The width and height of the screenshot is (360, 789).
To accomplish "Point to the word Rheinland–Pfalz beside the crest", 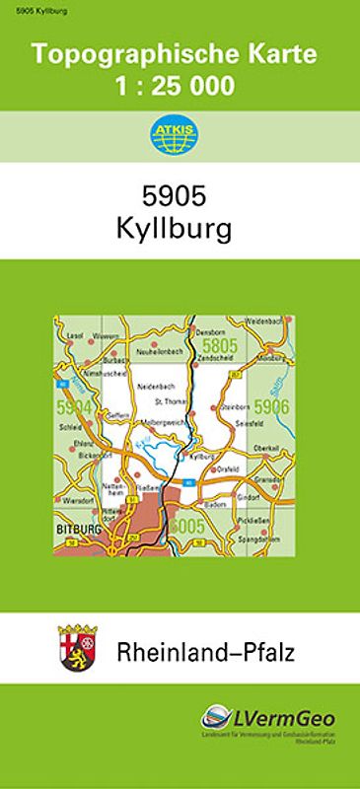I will point(206,651).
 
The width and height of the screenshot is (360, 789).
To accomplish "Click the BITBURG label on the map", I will point(77,530).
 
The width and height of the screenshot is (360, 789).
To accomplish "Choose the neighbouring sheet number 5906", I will point(268,405).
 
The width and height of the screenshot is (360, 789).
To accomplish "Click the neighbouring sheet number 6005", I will point(186,526).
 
